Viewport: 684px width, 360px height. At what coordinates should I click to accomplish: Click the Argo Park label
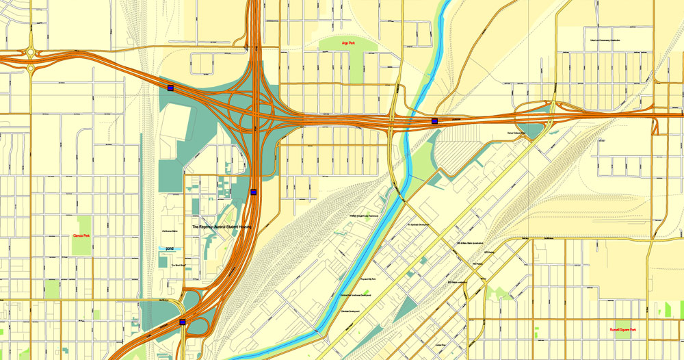[x=348, y=43]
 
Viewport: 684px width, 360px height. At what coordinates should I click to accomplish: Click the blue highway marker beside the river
[x=434, y=121]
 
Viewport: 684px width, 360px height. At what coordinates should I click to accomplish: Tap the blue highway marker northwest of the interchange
[x=170, y=88]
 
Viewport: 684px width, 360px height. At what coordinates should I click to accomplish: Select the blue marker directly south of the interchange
[x=253, y=192]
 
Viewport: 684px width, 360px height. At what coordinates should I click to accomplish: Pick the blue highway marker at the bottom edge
[x=182, y=321]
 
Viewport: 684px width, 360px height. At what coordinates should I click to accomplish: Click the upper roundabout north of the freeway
[x=31, y=52]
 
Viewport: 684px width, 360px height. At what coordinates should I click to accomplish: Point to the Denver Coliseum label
[x=518, y=133]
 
